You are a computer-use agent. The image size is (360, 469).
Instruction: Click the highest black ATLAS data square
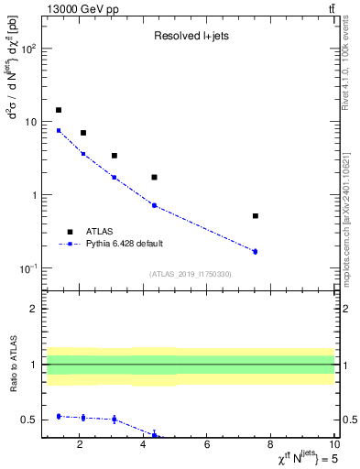[x=59, y=110]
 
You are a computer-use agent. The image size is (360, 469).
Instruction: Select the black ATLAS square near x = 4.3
[x=154, y=177]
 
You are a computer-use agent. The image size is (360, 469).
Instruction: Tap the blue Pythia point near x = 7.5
[x=255, y=251]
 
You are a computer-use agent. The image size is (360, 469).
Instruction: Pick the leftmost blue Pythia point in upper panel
[x=59, y=130]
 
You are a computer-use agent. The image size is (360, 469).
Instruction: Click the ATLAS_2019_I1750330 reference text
[x=190, y=274]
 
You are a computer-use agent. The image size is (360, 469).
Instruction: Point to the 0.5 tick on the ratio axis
[x=29, y=420]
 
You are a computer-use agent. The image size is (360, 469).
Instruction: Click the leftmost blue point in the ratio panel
[x=59, y=416]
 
